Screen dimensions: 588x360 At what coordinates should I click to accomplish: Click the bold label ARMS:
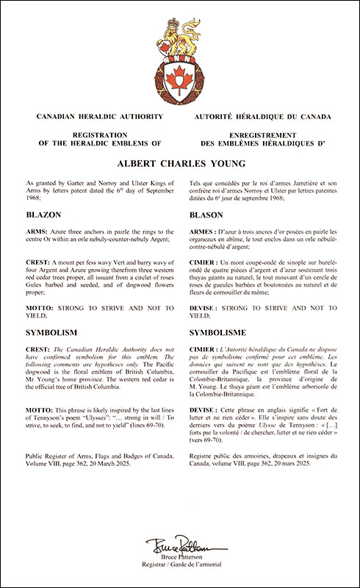[37, 228]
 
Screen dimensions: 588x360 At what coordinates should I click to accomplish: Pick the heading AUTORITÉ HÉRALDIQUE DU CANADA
[263, 117]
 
